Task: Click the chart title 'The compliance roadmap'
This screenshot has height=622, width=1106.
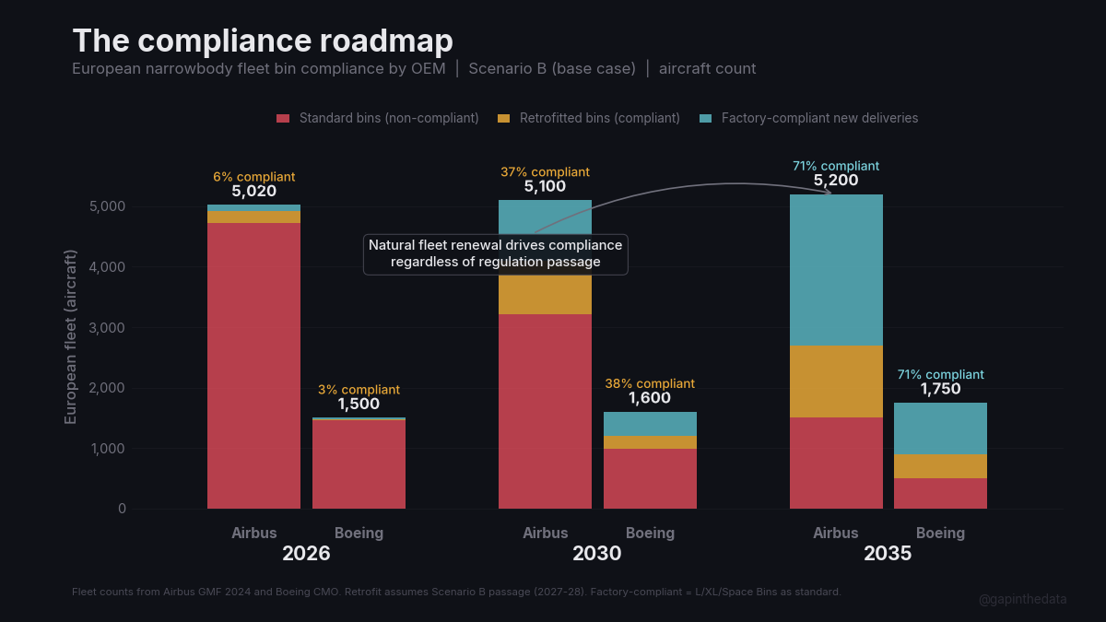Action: click(x=263, y=41)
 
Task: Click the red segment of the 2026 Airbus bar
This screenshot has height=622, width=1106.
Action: click(x=253, y=369)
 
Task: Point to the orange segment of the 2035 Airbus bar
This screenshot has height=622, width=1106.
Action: click(x=836, y=381)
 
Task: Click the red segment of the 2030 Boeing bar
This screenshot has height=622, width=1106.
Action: click(x=650, y=478)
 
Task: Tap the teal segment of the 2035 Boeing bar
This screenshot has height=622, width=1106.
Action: click(x=940, y=428)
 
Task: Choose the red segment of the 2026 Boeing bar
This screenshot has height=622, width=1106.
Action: click(x=359, y=465)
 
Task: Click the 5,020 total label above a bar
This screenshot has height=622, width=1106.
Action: click(x=253, y=192)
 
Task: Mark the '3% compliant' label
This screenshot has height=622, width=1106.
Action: click(x=359, y=390)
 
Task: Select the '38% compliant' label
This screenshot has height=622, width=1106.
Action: click(x=650, y=383)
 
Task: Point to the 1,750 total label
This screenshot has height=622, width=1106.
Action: click(x=940, y=389)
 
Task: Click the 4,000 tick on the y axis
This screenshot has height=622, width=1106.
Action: click(x=107, y=267)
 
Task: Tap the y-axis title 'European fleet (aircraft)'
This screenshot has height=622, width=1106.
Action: click(x=71, y=337)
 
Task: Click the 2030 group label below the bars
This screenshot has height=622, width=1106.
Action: click(x=596, y=554)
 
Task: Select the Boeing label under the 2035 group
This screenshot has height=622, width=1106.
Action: click(x=940, y=533)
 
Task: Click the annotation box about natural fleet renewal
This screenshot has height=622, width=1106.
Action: click(x=495, y=253)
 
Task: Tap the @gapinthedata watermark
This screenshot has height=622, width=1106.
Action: click(x=1022, y=599)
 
